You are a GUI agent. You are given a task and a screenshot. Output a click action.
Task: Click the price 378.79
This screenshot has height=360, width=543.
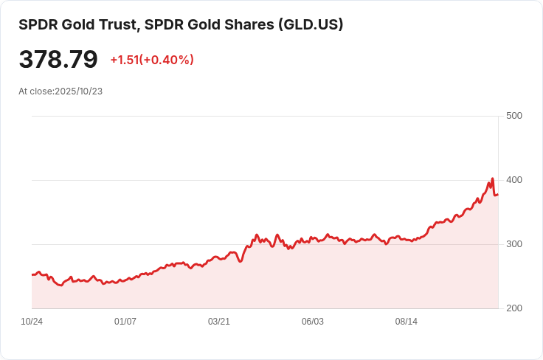coord(58,60)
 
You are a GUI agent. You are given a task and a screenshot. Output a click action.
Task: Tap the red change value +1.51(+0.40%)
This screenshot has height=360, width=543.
coord(152,60)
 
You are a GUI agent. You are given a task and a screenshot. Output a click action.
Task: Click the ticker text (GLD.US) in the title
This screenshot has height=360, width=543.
coord(311,24)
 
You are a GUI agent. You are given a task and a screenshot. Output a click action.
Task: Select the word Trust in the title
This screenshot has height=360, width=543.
coord(117,24)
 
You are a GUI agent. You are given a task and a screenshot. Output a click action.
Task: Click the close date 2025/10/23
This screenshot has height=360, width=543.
coord(78,91)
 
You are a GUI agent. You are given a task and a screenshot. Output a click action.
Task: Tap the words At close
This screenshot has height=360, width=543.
coord(35,91)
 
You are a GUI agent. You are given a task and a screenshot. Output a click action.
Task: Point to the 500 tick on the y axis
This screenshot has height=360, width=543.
coord(514,116)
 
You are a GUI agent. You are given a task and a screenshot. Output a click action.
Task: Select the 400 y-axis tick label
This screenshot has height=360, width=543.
coord(514,180)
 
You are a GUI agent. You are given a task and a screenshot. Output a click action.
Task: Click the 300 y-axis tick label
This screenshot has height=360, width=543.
coord(514,244)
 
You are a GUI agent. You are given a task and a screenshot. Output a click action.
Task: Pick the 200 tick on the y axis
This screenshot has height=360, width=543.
coord(514,308)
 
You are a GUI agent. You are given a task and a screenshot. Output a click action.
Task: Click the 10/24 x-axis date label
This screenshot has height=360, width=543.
coord(32,322)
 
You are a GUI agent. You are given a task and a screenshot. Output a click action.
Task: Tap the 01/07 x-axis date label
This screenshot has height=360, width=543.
coord(125,322)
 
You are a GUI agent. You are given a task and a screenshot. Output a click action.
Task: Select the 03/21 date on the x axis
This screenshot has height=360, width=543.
coord(219,322)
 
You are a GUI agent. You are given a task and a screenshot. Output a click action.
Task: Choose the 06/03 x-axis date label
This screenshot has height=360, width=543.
coord(313,322)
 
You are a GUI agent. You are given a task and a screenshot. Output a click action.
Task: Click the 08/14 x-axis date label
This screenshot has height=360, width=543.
coord(407,322)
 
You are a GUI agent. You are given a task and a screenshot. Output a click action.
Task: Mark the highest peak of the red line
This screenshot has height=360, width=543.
coord(492,179)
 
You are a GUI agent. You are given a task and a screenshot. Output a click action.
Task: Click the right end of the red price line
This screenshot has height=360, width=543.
coord(498,194)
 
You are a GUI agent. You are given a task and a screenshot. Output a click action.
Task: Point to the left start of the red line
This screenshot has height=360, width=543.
coord(32,274)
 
